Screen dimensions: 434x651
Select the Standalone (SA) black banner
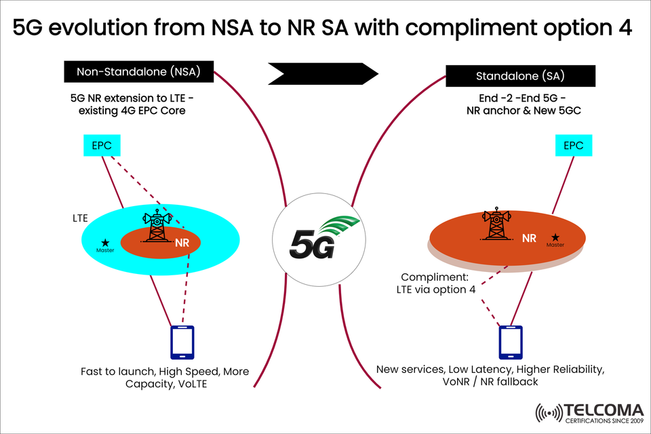coord(520,75)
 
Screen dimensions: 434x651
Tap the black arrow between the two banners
coord(322,72)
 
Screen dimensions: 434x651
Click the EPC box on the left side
coord(102,145)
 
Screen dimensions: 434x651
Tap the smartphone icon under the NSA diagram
coord(182,342)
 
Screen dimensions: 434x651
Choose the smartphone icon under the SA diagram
coord(511,342)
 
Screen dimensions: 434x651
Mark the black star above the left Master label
coord(105,242)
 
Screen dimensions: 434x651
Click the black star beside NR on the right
coord(555,237)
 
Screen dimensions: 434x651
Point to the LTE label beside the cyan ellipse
coord(81,219)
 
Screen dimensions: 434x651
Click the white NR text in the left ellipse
coord(182,243)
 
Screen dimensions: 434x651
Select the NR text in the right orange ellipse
coord(530,238)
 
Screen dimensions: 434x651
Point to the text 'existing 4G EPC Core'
coord(130,109)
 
